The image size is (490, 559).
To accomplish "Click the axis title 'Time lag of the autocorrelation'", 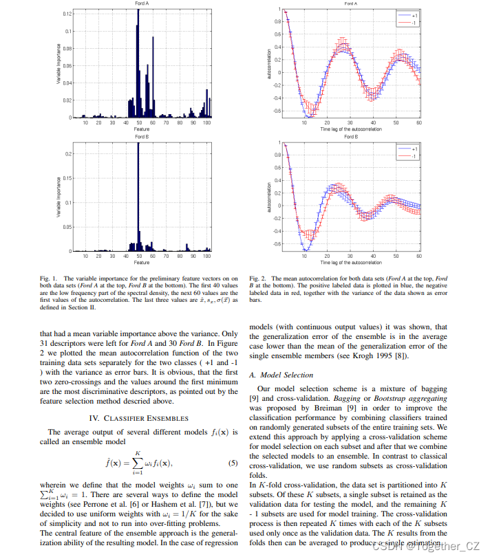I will pos(350,129).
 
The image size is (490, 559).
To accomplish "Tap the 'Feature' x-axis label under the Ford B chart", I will pos(142,263).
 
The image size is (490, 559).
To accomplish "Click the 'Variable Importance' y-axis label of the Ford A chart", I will pos(58,65).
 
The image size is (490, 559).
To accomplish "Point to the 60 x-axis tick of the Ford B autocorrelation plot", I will pos(419,255).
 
